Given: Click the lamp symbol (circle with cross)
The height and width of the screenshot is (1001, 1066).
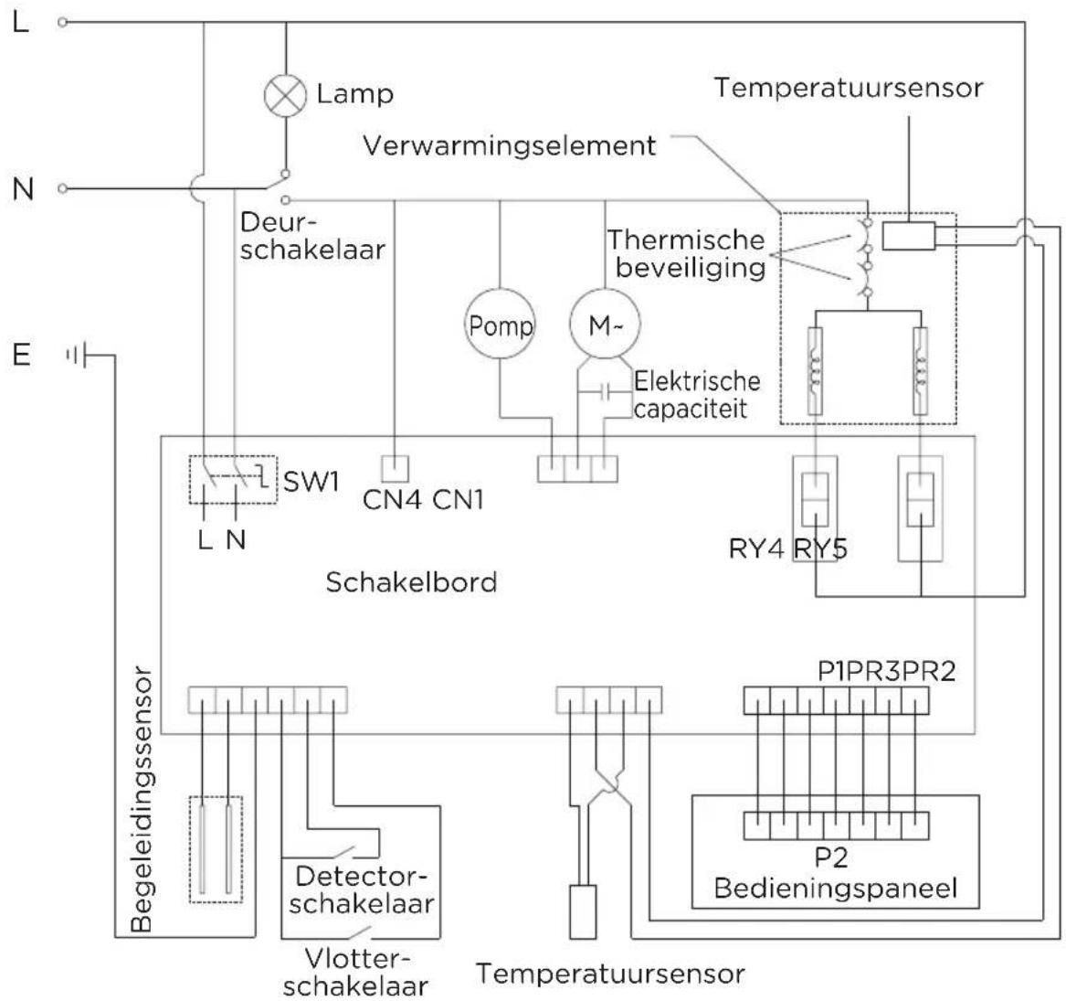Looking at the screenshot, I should (285, 95).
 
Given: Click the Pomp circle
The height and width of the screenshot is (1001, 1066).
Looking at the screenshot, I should (500, 326).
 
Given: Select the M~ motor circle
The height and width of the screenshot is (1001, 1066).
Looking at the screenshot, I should (603, 326).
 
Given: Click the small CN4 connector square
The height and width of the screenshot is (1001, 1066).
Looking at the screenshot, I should (394, 468).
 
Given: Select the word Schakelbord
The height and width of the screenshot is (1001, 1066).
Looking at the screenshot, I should (411, 582).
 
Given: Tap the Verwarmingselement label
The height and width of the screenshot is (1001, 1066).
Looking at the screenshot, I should (509, 145).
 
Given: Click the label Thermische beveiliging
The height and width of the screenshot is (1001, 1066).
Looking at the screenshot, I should (685, 254).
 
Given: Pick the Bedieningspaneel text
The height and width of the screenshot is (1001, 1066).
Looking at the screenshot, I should (835, 888).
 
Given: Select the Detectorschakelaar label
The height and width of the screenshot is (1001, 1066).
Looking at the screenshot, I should (365, 889).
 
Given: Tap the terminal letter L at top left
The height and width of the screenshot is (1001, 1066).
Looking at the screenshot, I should (21, 23).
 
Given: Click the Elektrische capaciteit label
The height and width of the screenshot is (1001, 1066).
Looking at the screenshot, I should (696, 393).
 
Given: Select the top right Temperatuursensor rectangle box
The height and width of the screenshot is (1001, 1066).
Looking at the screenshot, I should (907, 236).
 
